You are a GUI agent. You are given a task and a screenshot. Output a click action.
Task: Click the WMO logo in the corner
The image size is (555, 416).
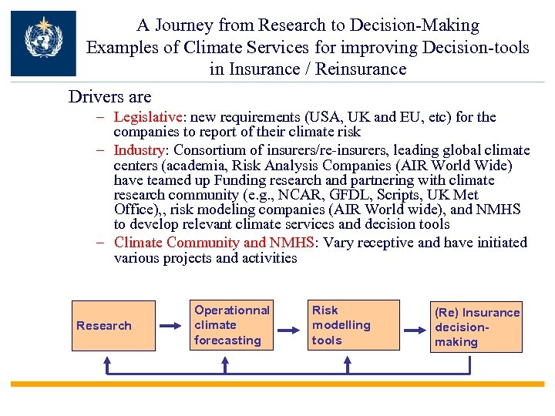[x=43, y=43]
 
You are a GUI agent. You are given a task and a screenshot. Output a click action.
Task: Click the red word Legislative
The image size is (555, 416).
[x=148, y=117]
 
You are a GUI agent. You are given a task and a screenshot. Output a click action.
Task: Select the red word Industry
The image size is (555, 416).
[x=140, y=149]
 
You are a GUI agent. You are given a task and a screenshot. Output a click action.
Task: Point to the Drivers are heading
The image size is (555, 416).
[x=110, y=97]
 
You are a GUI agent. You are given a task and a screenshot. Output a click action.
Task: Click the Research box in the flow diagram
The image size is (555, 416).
[x=104, y=326]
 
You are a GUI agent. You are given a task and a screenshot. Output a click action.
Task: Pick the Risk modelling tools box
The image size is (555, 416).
[x=355, y=325]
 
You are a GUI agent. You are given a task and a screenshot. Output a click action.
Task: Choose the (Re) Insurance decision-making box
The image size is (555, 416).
[x=476, y=327]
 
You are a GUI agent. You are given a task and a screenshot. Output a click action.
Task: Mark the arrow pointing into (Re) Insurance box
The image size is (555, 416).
[x=415, y=329]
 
